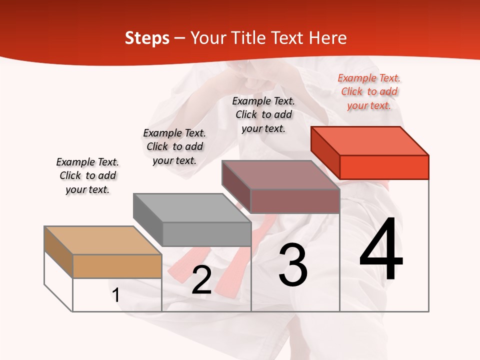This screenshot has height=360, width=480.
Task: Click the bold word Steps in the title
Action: click(x=147, y=38)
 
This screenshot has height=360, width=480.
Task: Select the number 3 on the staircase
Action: click(x=293, y=265)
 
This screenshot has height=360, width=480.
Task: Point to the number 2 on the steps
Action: click(x=202, y=280)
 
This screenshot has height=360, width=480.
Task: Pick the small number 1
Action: click(x=116, y=295)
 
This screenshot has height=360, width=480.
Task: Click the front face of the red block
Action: click(x=384, y=167)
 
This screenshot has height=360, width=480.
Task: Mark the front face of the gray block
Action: click(x=207, y=234)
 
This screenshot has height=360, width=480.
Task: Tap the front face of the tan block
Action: click(x=117, y=266)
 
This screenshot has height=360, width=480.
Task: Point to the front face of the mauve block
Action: click(x=295, y=201)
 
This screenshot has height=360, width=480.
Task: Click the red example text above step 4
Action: click(x=369, y=92)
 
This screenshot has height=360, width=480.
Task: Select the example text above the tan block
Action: click(x=87, y=175)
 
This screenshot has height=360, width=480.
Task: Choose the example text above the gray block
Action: click(x=174, y=146)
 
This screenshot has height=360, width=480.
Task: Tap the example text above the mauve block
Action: click(x=263, y=114)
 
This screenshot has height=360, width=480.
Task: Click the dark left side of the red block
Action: click(x=325, y=152)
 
